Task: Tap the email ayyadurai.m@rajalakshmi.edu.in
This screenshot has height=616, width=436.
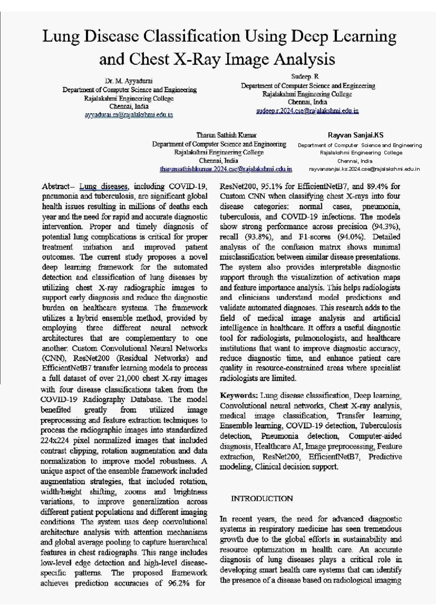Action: coord(129,115)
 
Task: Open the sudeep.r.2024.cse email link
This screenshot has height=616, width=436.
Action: coord(307,111)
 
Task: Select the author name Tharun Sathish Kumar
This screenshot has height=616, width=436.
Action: coord(226,135)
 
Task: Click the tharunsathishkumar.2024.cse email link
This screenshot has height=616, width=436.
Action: coord(226,169)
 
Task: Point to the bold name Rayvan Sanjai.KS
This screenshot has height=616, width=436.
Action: coord(355,135)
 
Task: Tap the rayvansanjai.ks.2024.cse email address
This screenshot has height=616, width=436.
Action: coord(364,169)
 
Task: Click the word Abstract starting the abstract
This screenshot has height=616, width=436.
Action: coord(55,187)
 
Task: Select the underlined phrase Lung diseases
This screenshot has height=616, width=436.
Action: coord(104,187)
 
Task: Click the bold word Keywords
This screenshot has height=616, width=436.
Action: coord(239,395)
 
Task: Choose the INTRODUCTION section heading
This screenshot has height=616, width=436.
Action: coord(262,499)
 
